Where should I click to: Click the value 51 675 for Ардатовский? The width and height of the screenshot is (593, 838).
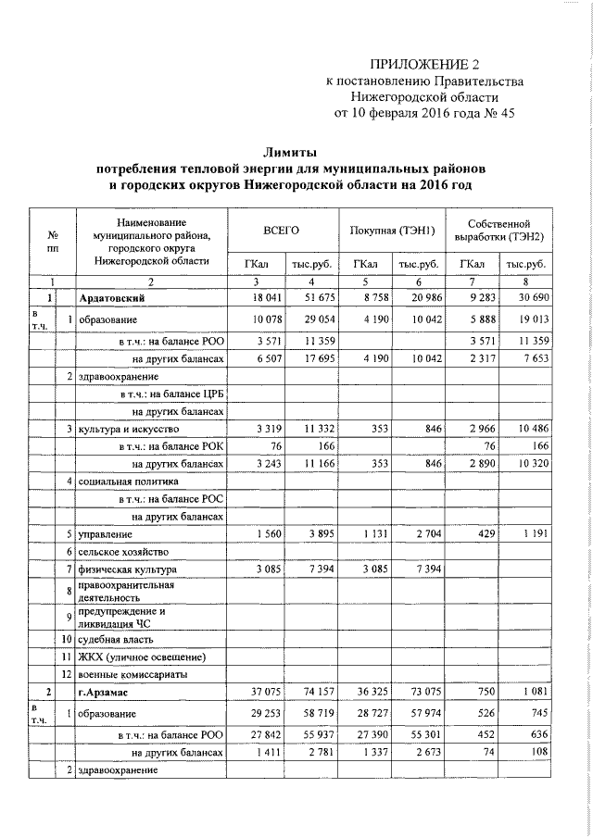310,296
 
